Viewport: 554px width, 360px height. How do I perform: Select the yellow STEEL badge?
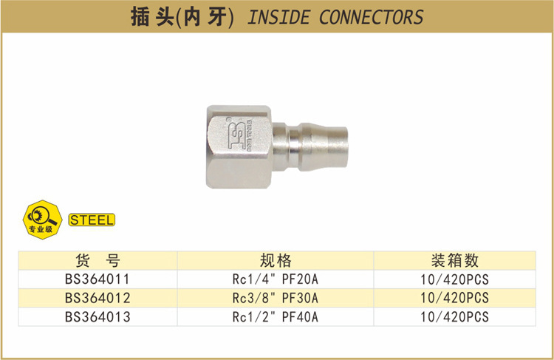click(91, 220)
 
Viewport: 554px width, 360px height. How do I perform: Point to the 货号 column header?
click(97, 260)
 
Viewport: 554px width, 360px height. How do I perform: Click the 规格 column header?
click(276, 260)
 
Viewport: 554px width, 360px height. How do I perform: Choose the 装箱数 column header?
click(454, 260)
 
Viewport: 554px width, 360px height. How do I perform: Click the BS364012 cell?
click(97, 298)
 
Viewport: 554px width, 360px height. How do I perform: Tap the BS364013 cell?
click(97, 316)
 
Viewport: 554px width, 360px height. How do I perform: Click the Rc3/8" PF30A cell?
click(276, 298)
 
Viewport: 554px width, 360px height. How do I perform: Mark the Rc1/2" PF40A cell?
click(276, 316)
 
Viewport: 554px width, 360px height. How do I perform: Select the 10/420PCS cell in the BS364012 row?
click(454, 298)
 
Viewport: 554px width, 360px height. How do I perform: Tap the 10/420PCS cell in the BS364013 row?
click(454, 316)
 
